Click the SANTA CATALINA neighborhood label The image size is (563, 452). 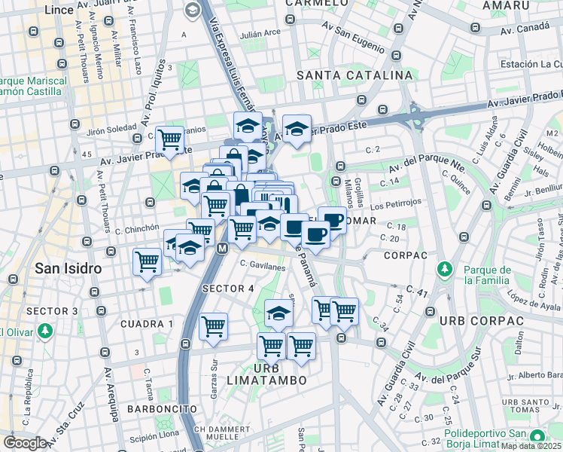355,75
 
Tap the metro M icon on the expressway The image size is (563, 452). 222,248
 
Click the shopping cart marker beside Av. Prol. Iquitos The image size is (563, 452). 170,139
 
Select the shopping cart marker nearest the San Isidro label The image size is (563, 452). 147,261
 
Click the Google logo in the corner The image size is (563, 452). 25,443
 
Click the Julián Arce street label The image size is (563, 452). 260,33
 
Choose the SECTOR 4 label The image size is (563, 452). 228,289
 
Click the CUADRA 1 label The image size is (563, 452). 147,323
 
